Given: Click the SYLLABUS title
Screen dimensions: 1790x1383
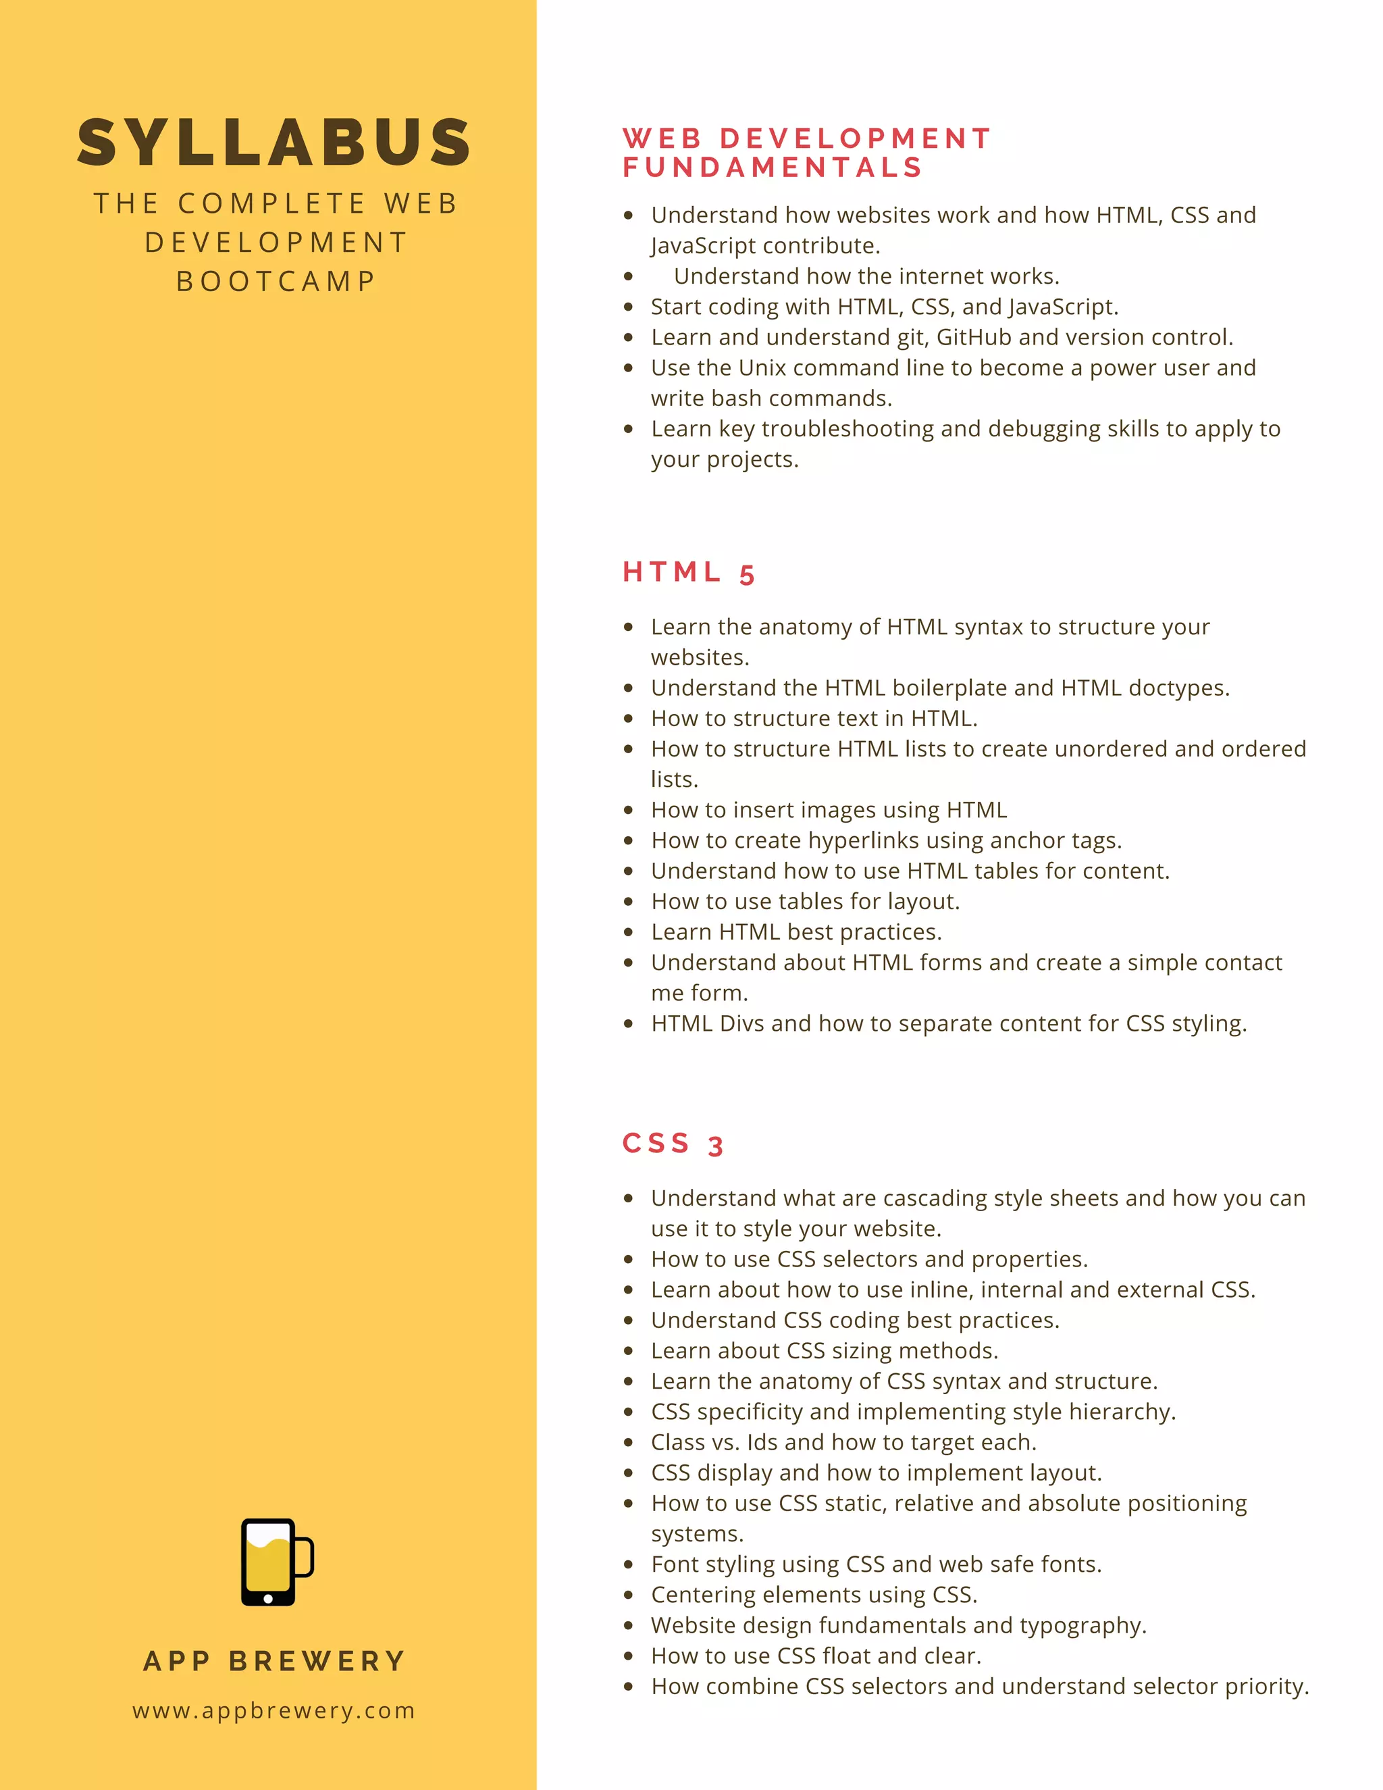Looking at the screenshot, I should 273,143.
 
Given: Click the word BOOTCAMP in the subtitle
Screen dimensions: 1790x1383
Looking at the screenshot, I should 276,281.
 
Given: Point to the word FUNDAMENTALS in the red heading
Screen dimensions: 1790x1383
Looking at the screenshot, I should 773,168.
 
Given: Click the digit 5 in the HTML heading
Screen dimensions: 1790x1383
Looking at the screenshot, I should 746,575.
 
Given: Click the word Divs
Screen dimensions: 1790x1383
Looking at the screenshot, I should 741,1023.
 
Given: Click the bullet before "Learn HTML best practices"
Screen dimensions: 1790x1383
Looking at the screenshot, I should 629,932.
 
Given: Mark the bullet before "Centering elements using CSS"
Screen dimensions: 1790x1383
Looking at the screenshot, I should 629,1595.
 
